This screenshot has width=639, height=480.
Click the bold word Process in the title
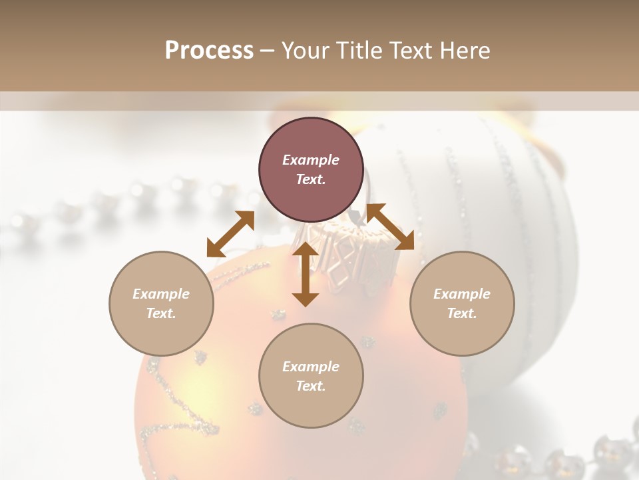click(x=209, y=51)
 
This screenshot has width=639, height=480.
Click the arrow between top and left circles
click(x=230, y=233)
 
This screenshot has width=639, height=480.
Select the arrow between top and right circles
click(x=391, y=227)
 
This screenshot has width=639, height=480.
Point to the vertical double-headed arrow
click(x=306, y=274)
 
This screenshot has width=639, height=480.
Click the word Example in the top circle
click(x=311, y=160)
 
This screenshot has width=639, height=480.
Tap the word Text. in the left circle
click(x=161, y=313)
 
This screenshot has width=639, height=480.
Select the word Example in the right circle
click(x=462, y=294)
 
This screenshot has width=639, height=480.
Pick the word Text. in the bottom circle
click(x=311, y=386)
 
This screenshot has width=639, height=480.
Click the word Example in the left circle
click(x=161, y=294)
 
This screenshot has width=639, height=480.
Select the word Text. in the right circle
click(x=462, y=313)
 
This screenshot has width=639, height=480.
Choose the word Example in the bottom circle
click(x=311, y=367)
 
